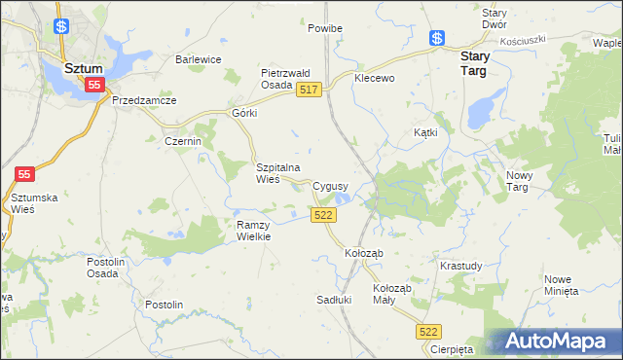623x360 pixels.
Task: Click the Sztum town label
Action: click(x=84, y=69)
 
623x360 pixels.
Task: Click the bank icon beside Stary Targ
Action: click(x=438, y=38)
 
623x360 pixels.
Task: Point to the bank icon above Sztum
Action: click(x=61, y=27)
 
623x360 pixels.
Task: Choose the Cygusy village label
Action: click(x=332, y=186)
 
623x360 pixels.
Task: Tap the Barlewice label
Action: click(x=199, y=59)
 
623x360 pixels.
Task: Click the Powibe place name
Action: click(x=325, y=29)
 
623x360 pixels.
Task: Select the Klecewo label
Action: click(x=375, y=78)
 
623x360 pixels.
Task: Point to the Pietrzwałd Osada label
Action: click(x=284, y=79)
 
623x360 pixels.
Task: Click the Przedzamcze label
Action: click(x=144, y=100)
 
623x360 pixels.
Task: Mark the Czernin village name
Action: click(x=182, y=141)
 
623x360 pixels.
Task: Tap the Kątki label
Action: click(x=426, y=131)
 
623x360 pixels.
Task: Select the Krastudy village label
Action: click(x=460, y=266)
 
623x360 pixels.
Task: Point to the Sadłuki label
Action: click(x=334, y=300)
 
